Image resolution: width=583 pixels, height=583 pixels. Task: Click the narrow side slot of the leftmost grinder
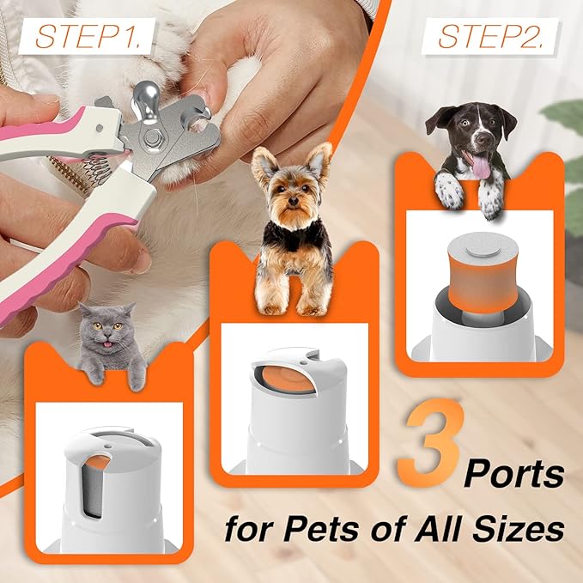coord(100,486)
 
